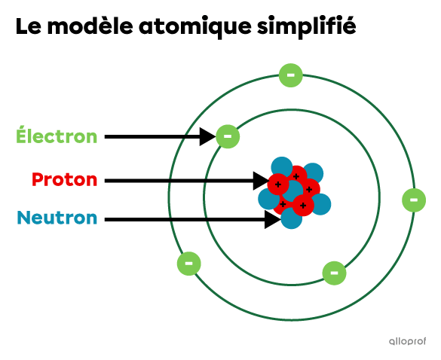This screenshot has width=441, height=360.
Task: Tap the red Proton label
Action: (x=64, y=179)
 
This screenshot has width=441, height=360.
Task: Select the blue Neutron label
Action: (x=57, y=218)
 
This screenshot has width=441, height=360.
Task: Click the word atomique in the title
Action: (x=194, y=26)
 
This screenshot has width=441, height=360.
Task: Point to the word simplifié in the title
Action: (x=307, y=26)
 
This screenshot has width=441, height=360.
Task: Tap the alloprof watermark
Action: (x=408, y=341)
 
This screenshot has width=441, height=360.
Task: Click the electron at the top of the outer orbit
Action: (x=291, y=75)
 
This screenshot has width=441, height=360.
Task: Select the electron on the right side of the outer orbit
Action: (x=414, y=200)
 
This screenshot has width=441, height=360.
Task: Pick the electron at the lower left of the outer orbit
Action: (x=189, y=264)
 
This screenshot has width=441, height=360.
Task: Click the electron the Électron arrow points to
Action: (x=228, y=136)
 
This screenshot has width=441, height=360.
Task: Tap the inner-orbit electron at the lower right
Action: (x=334, y=273)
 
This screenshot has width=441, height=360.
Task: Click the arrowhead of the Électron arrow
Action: (x=207, y=136)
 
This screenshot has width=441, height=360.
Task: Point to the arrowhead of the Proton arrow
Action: (x=261, y=181)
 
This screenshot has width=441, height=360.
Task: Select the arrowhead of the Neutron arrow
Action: (x=273, y=219)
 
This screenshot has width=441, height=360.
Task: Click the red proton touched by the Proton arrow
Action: (x=278, y=185)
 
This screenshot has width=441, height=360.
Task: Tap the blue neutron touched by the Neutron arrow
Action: (x=292, y=218)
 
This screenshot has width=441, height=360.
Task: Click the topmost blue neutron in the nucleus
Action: (x=282, y=167)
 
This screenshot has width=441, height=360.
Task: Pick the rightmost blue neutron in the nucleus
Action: (x=320, y=204)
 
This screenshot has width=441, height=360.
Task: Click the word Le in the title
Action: (x=29, y=26)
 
